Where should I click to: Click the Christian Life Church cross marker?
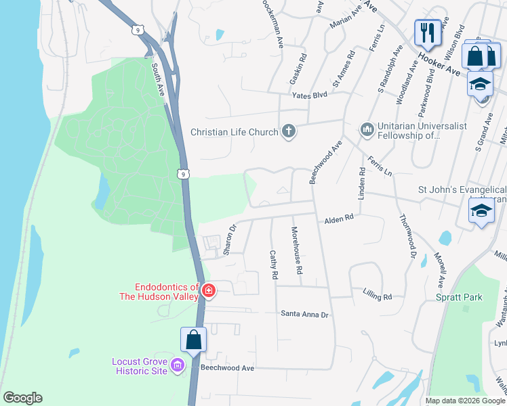tap(289, 131)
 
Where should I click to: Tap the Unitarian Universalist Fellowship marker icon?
tap(367, 129)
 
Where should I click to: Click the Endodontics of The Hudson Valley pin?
tap(209, 292)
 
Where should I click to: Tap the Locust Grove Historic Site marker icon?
tap(178, 366)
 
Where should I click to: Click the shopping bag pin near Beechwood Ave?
tap(194, 340)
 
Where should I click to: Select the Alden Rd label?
tap(339, 219)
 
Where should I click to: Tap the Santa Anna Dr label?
tap(304, 314)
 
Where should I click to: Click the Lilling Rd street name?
tap(378, 296)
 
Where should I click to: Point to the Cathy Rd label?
tap(274, 265)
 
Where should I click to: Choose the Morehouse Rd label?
tap(296, 250)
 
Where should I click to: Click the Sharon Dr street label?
tap(230, 240)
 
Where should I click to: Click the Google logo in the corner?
tap(22, 398)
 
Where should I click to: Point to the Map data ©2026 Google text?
tap(464, 401)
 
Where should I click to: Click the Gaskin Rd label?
tap(298, 69)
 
